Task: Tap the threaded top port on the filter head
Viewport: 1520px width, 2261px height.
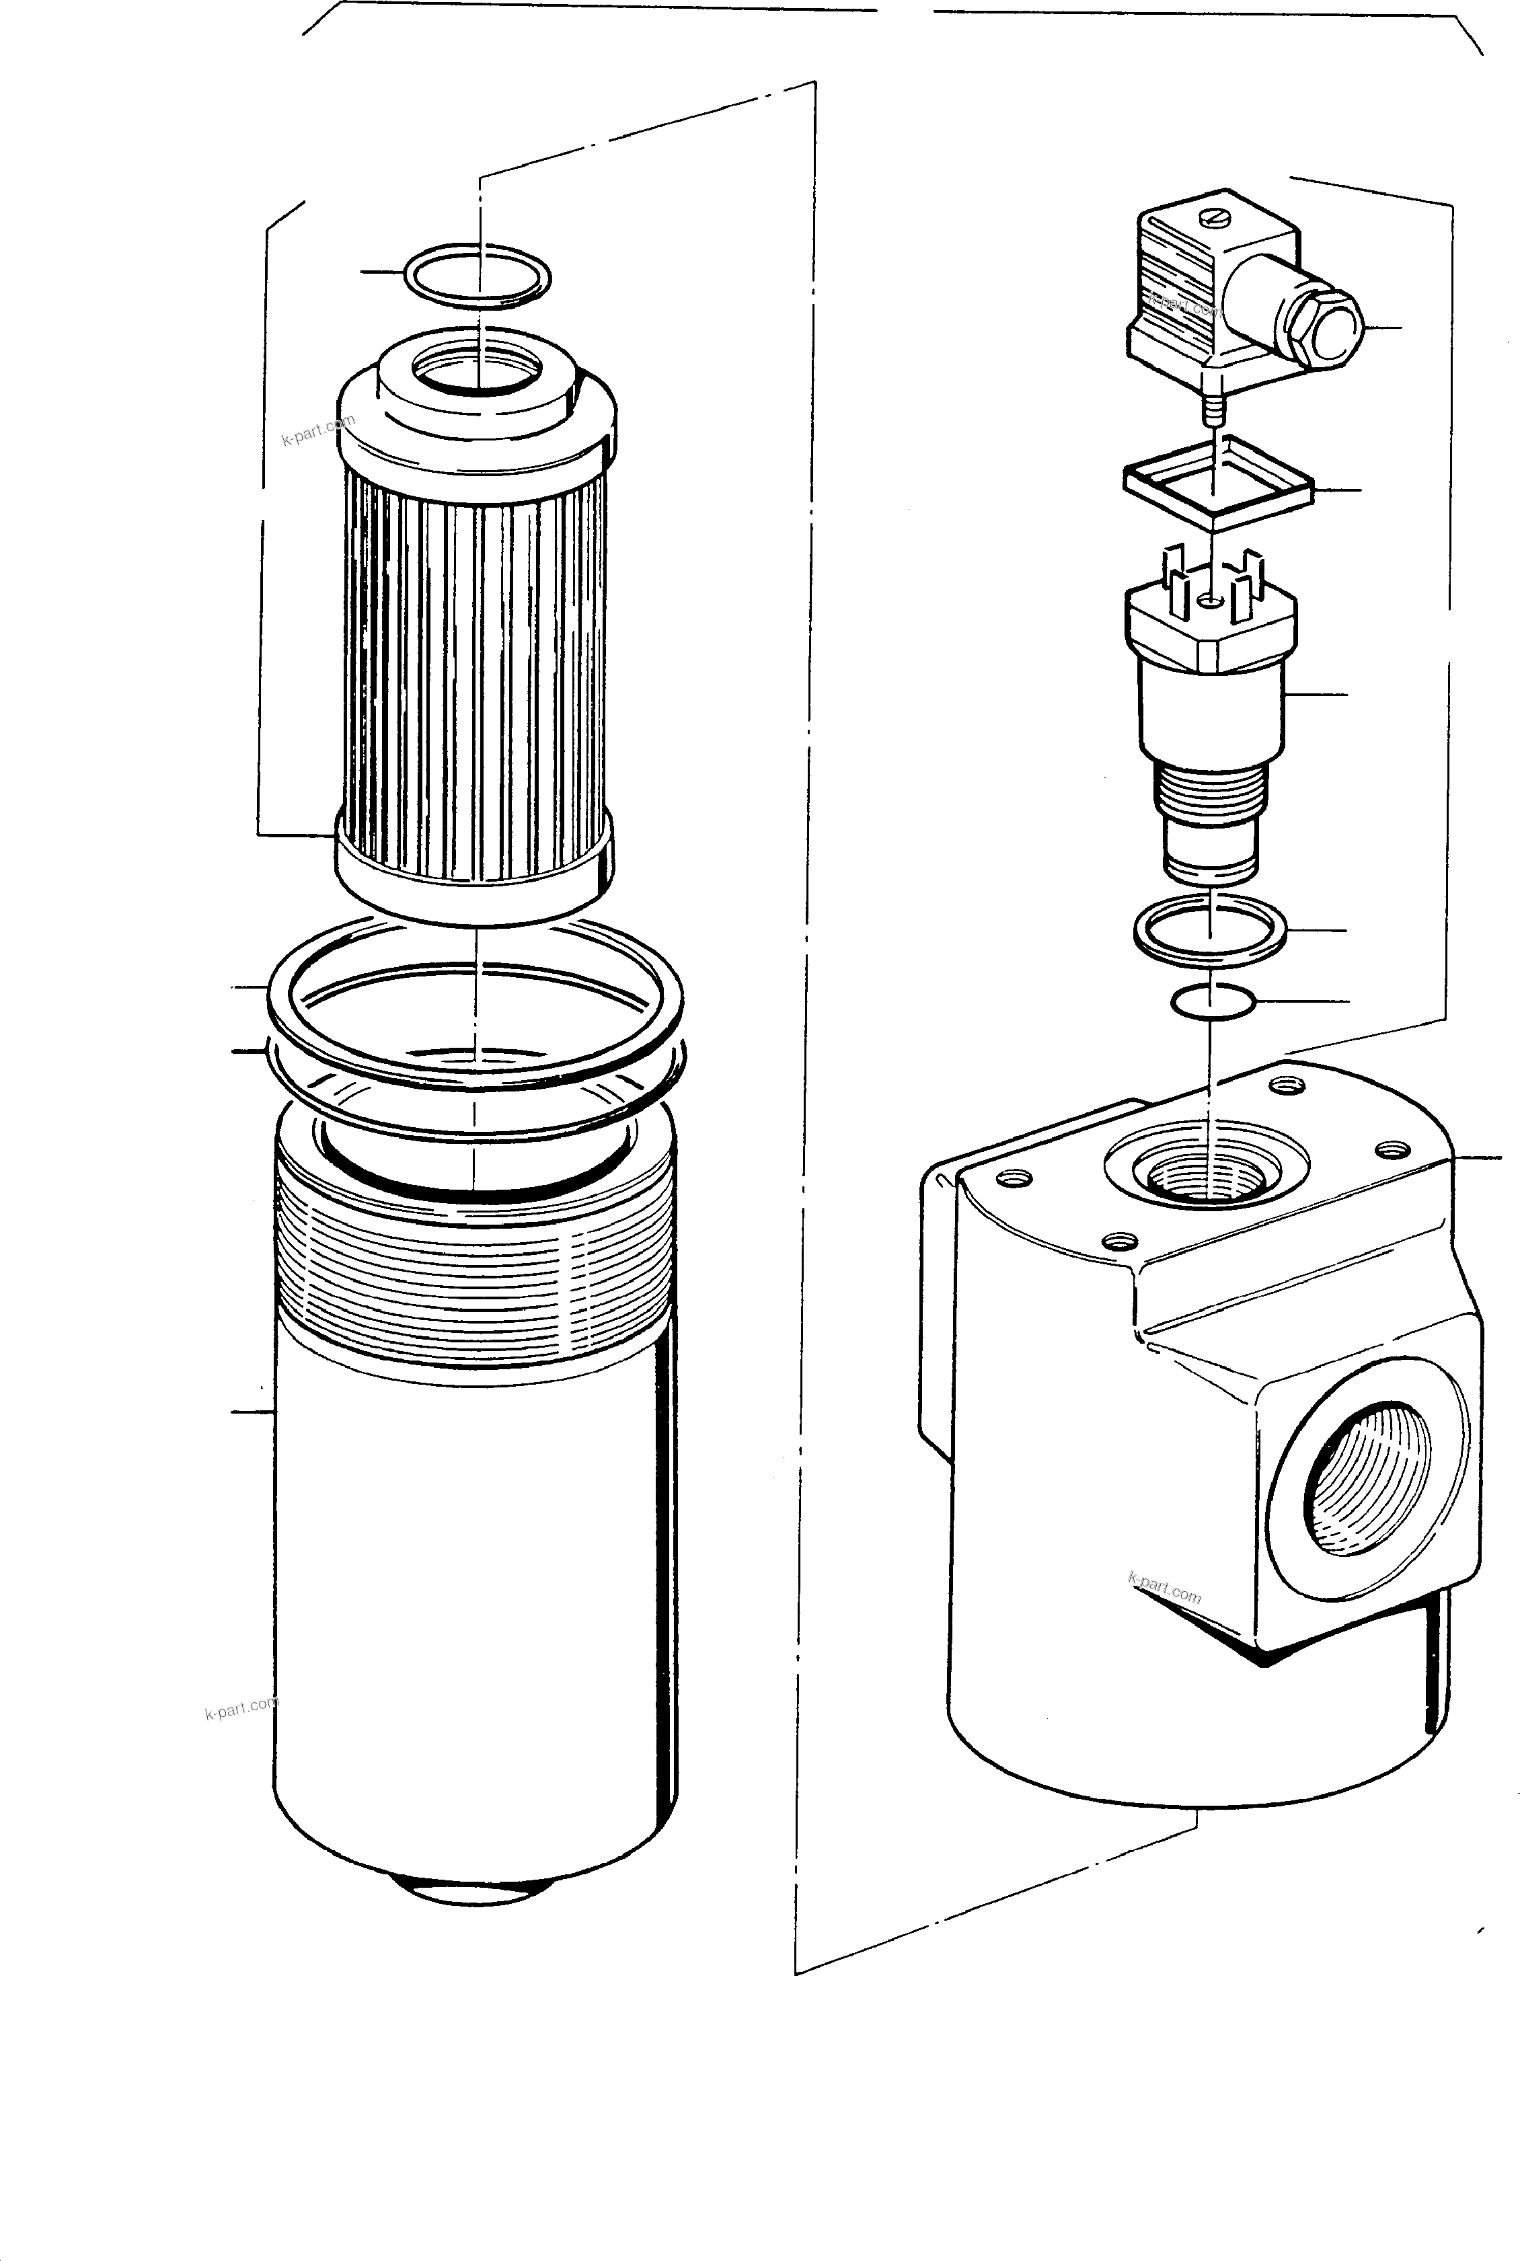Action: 1206,1178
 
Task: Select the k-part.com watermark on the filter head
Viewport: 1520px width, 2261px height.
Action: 1164,1589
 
